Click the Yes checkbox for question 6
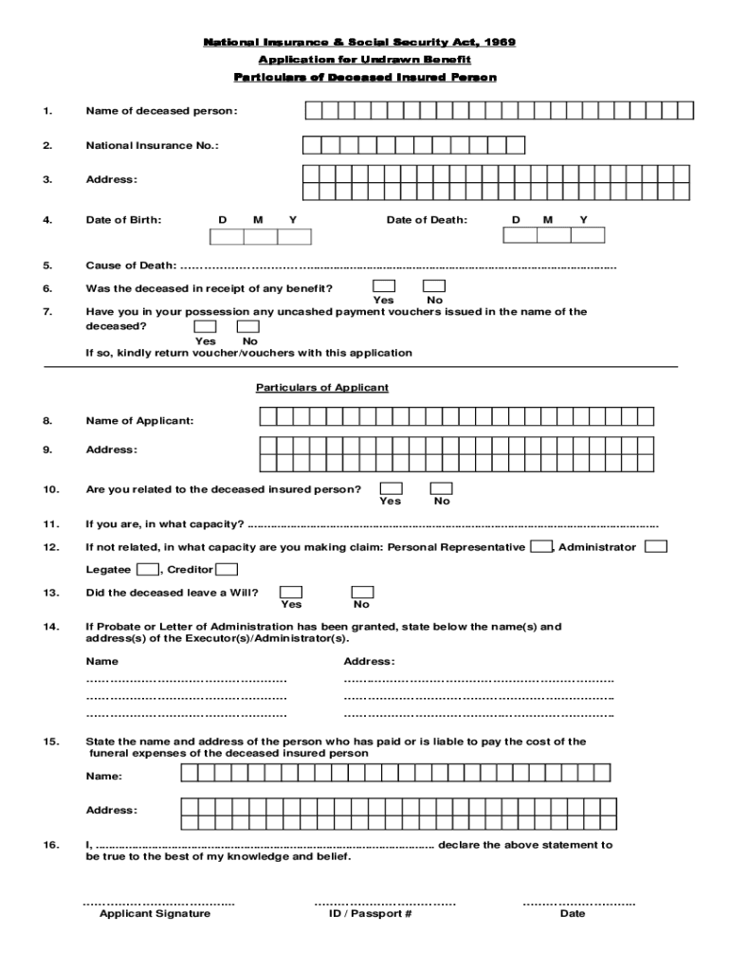[x=384, y=285]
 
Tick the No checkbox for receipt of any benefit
[x=434, y=285]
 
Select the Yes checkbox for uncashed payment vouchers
[x=205, y=326]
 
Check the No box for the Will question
[x=362, y=592]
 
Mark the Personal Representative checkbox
[x=541, y=546]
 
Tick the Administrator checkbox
[x=656, y=546]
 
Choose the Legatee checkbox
[x=147, y=569]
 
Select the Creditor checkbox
[x=227, y=569]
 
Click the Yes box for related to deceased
[x=390, y=488]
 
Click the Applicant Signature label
[x=155, y=913]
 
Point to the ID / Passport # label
[x=370, y=913]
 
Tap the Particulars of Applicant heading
[x=322, y=388]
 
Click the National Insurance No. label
[x=152, y=145]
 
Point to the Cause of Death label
[x=131, y=266]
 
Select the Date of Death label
[x=427, y=220]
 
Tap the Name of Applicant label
[x=139, y=420]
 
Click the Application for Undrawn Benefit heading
[x=365, y=60]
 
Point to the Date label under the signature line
[x=573, y=913]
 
